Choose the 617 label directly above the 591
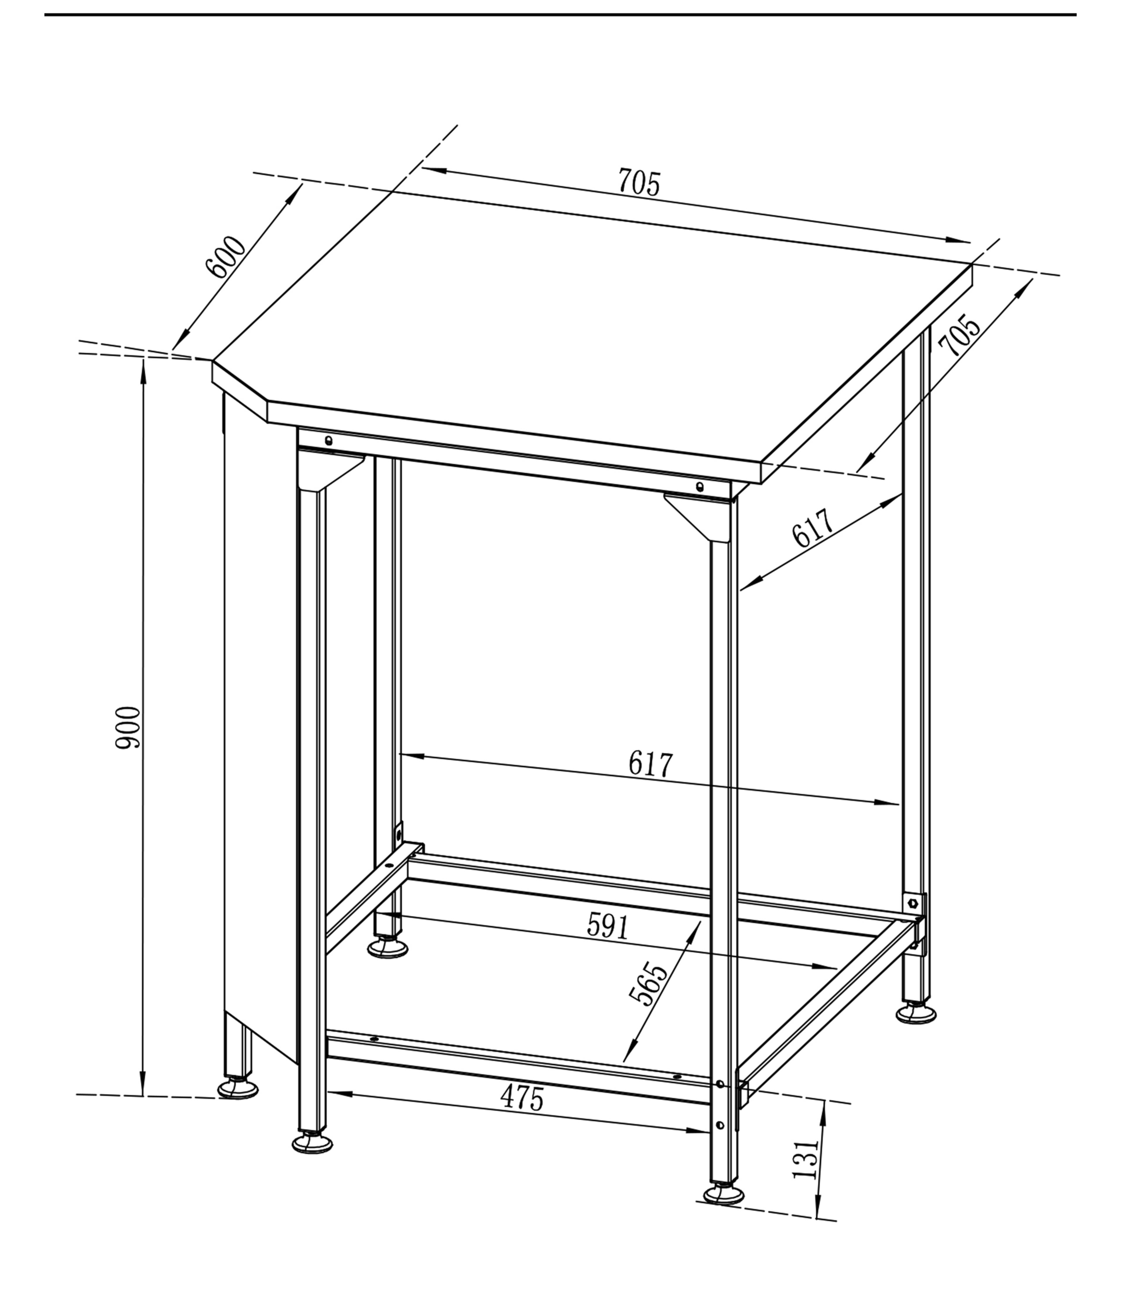click(651, 764)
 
